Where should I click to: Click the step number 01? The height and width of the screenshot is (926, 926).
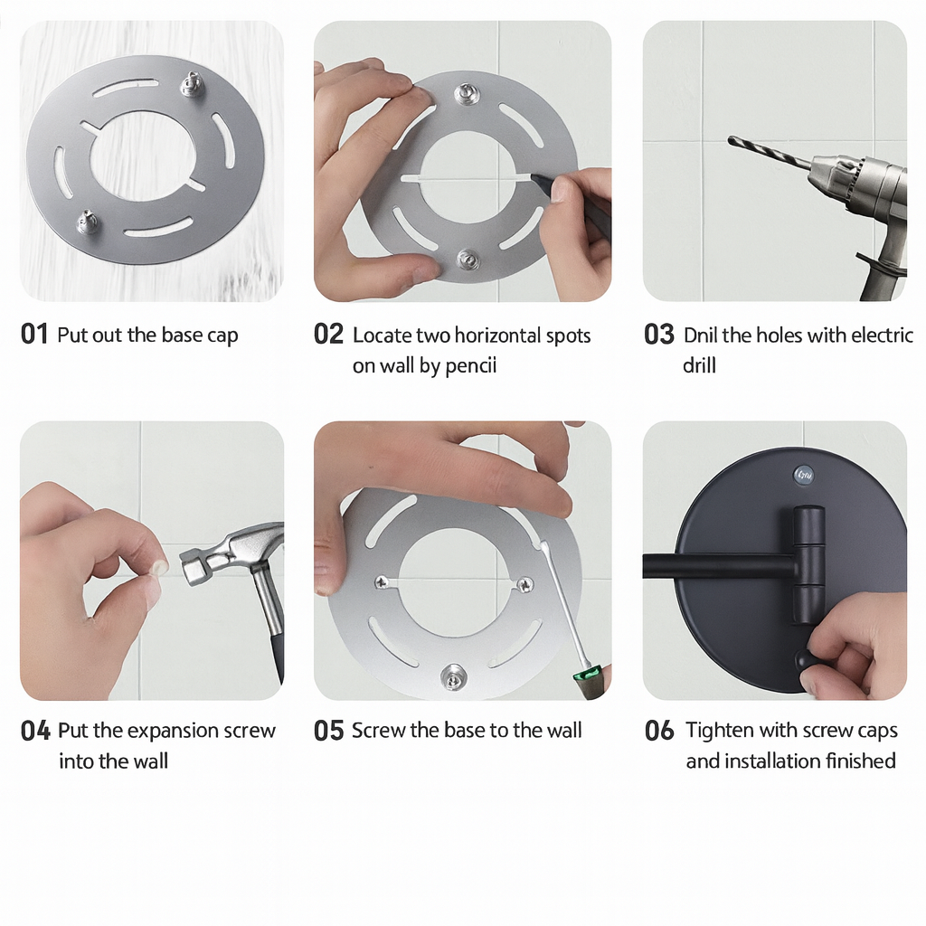tap(34, 335)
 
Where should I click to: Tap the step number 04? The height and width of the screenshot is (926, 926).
tap(35, 731)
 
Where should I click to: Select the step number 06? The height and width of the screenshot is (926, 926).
tap(659, 731)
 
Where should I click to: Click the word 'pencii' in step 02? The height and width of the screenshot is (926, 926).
tap(470, 366)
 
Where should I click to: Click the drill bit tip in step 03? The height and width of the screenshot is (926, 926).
tap(731, 140)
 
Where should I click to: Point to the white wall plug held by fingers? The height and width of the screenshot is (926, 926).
tap(158, 569)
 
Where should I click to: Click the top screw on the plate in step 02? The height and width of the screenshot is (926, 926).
tap(468, 94)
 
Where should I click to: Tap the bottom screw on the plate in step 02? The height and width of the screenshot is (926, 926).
tap(468, 260)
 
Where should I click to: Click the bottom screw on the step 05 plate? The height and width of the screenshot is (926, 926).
tap(453, 676)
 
